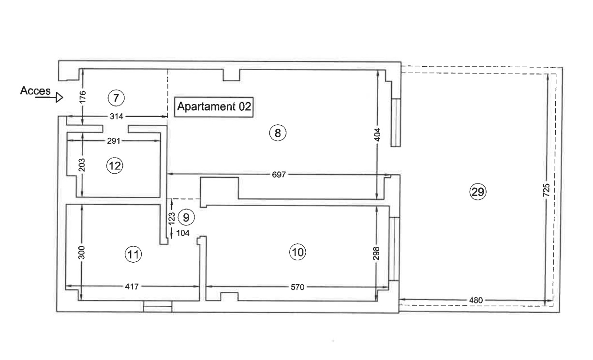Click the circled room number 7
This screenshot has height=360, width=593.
[116, 98]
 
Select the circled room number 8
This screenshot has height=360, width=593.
[278, 133]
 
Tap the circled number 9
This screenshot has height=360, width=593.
[186, 217]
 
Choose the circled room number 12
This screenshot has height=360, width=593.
[115, 166]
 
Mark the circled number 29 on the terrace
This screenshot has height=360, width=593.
[478, 192]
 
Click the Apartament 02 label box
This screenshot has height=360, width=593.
[214, 106]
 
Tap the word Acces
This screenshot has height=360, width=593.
[35, 91]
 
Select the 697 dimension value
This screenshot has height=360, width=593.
[279, 174]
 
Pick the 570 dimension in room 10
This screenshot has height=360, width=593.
[297, 287]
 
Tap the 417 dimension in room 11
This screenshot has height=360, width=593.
[132, 286]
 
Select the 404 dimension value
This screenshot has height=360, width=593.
[378, 134]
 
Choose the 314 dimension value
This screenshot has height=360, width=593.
[117, 117]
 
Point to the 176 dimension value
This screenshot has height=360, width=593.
[83, 97]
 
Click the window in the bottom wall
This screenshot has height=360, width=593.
[158, 306]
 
